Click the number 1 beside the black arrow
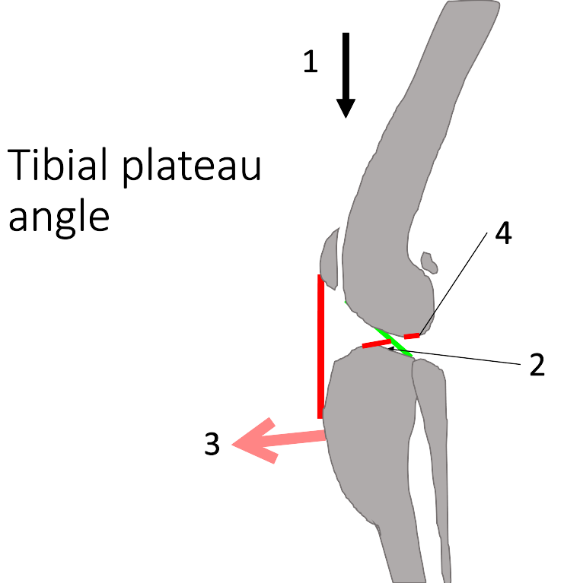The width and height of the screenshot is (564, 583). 310,62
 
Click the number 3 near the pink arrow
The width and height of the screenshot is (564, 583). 212,445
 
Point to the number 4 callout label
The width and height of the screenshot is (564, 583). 503,234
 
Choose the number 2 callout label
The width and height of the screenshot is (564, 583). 537,366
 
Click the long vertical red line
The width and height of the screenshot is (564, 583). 321,346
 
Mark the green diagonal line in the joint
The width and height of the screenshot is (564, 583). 397,342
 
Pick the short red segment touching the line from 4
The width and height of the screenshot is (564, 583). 412,335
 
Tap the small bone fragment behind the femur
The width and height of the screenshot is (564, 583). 430,263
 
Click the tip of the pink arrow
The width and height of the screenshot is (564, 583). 234,445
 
